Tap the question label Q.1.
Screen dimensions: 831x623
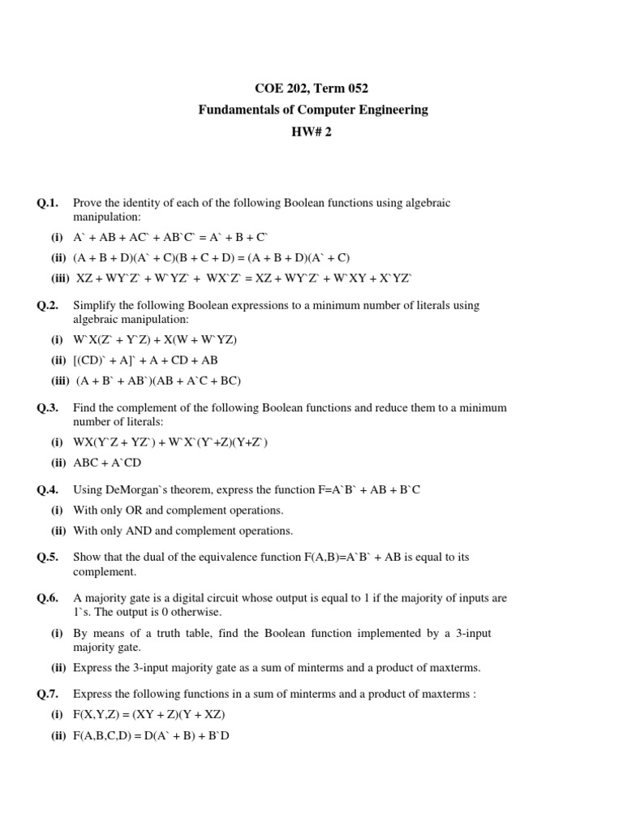click(47, 203)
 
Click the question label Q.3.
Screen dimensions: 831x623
click(47, 408)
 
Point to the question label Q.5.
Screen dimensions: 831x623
click(47, 558)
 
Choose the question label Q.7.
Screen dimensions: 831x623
click(47, 695)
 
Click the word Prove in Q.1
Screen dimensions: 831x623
click(88, 203)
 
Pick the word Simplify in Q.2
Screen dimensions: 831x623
click(95, 306)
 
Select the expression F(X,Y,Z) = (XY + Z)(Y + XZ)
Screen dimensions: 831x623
click(148, 715)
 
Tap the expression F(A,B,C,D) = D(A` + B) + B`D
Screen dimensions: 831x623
click(152, 735)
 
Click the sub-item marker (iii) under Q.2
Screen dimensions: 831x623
click(62, 381)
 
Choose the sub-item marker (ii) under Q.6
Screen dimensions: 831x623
click(59, 668)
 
